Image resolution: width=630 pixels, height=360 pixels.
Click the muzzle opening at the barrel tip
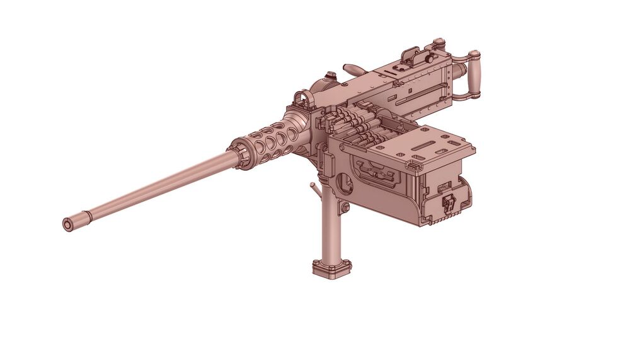pos(67,224)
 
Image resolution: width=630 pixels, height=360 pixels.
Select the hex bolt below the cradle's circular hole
pos(345,207)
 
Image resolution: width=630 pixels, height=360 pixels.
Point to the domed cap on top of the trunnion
pos(328,80)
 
